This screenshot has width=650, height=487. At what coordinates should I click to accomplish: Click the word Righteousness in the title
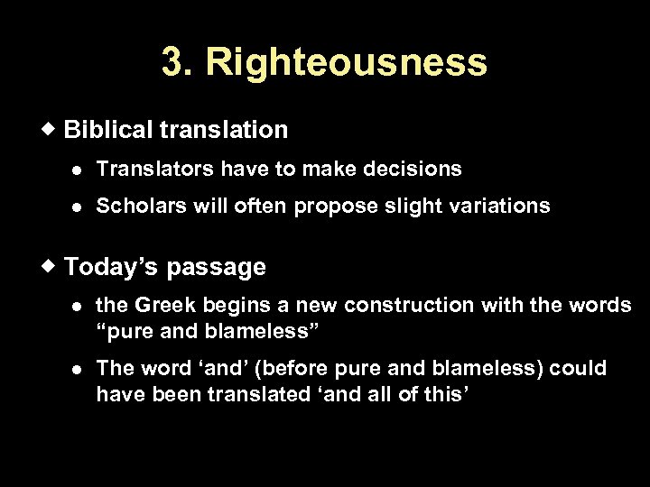tap(347, 62)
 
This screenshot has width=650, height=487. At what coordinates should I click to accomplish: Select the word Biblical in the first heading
tap(108, 130)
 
